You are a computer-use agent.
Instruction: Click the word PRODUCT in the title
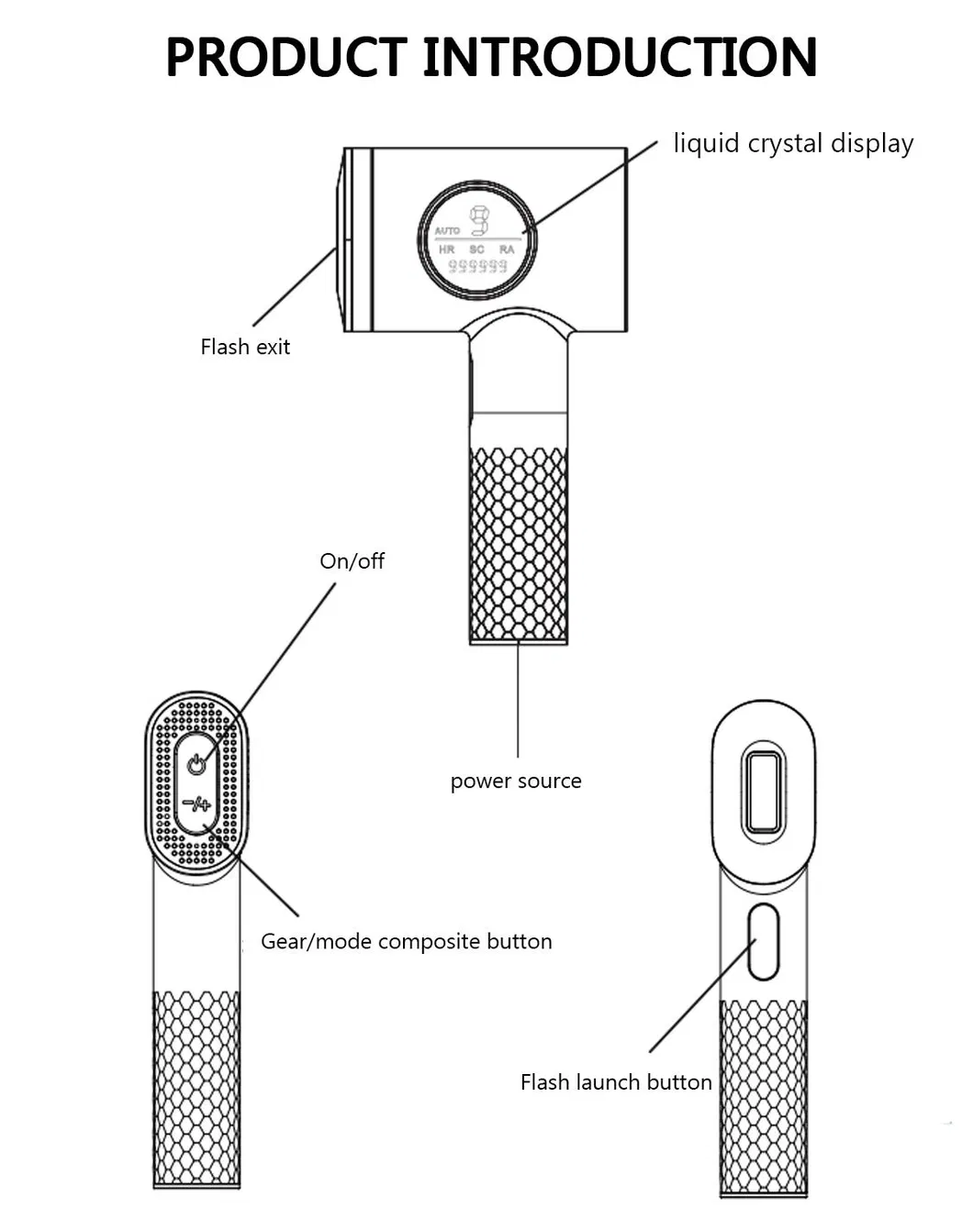tap(285, 57)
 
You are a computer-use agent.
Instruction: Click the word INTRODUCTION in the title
tap(620, 57)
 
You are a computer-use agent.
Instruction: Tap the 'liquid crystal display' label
tap(793, 144)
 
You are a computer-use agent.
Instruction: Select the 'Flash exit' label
tap(245, 347)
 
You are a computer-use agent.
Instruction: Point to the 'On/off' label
tap(352, 560)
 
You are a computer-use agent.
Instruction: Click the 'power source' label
tap(516, 781)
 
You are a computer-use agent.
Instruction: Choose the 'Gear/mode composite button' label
tap(407, 941)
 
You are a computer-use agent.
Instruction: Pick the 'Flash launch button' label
tap(616, 1082)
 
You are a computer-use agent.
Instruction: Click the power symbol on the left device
tap(196, 764)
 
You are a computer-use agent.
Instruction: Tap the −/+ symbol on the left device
tap(196, 805)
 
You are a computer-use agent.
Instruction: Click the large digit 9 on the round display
tap(479, 221)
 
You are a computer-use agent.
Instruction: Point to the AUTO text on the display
tap(447, 230)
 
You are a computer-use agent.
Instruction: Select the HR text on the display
tap(446, 249)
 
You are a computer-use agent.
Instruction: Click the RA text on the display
tap(507, 249)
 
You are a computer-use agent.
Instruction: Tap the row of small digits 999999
tap(476, 266)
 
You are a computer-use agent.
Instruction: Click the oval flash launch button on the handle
tap(764, 941)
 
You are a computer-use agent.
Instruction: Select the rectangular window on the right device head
tap(764, 791)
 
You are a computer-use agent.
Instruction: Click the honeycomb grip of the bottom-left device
tap(196, 1087)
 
